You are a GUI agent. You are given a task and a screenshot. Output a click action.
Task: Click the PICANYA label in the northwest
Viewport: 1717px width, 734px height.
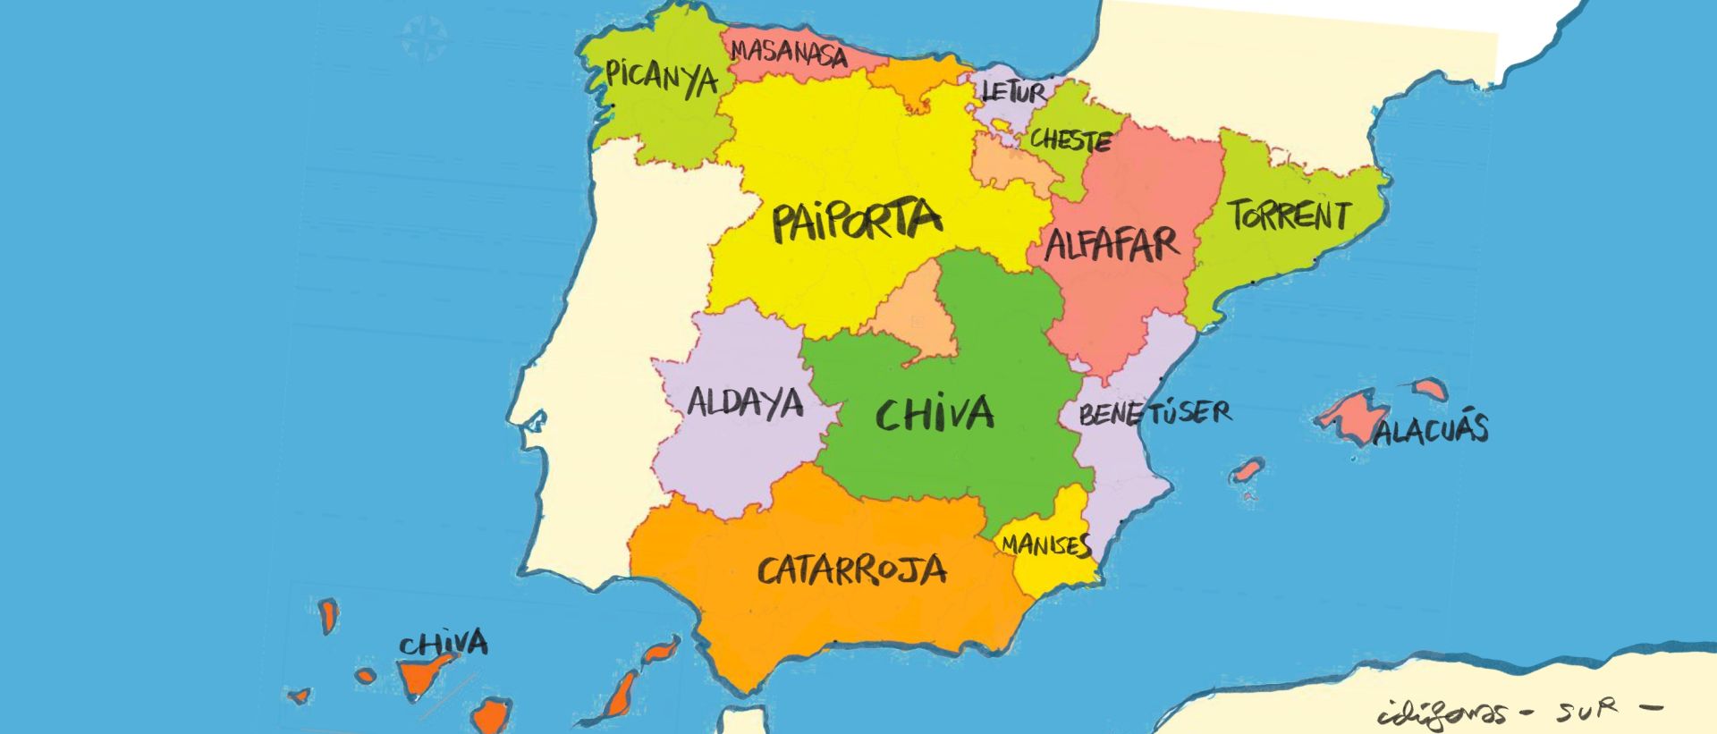point(662,77)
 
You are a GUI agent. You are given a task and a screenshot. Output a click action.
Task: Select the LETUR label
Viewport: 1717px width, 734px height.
point(1013,91)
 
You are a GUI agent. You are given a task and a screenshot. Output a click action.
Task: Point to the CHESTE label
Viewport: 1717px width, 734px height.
point(1070,139)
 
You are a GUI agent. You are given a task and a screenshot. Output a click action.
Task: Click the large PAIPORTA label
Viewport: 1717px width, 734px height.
point(857,221)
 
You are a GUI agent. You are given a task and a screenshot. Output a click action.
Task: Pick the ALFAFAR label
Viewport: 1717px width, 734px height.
point(1112,243)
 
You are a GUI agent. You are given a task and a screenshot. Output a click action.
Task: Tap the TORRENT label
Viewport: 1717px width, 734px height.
point(1289,215)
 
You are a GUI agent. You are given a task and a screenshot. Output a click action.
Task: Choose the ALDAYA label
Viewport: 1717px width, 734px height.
point(745,403)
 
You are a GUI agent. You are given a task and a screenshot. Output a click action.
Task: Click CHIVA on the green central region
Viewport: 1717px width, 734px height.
point(935,413)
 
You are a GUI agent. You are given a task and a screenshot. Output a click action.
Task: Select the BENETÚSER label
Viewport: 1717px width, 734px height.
point(1155,413)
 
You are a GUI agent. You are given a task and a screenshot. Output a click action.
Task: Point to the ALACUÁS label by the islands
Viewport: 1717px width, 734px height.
point(1431,430)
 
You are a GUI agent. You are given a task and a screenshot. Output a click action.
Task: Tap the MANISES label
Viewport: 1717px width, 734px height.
point(1045,544)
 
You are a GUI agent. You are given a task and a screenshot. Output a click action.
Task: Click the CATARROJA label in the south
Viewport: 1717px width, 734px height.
point(851,569)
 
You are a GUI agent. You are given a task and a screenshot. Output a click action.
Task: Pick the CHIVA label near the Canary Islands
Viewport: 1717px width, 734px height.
point(444,643)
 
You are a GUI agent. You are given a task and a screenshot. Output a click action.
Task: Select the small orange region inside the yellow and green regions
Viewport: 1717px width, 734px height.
point(914,317)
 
